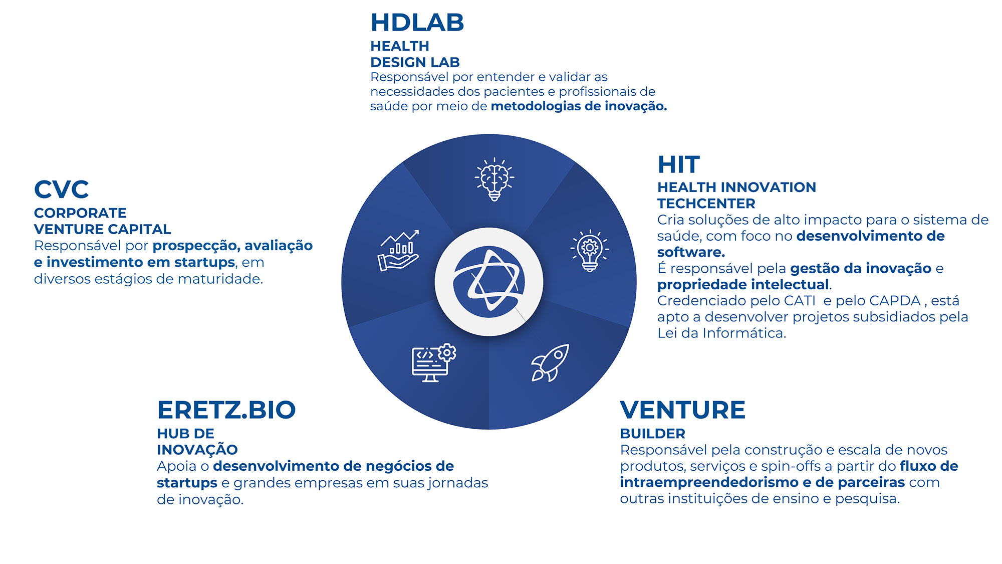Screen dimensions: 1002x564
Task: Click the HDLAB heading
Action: click(x=417, y=23)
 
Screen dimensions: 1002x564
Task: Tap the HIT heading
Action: click(x=678, y=164)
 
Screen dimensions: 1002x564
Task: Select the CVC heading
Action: click(x=61, y=190)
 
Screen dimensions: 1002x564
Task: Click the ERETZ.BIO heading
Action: click(x=226, y=410)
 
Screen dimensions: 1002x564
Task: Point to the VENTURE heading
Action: click(x=683, y=410)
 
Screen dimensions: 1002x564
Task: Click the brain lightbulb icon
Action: click(x=494, y=179)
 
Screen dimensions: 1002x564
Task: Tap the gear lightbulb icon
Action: click(x=590, y=251)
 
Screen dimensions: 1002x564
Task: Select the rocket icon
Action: click(x=550, y=363)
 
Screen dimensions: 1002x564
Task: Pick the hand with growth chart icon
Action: click(x=398, y=251)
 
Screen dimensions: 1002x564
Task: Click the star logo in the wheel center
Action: click(x=489, y=282)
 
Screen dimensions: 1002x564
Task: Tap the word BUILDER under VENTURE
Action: click(x=653, y=434)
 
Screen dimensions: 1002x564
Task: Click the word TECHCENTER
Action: click(x=706, y=204)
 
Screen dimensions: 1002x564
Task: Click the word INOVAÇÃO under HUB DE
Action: click(x=197, y=449)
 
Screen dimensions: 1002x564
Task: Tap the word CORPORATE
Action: click(x=80, y=213)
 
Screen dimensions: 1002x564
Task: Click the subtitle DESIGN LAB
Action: click(x=415, y=62)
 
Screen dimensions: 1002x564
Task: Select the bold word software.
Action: click(x=691, y=252)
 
